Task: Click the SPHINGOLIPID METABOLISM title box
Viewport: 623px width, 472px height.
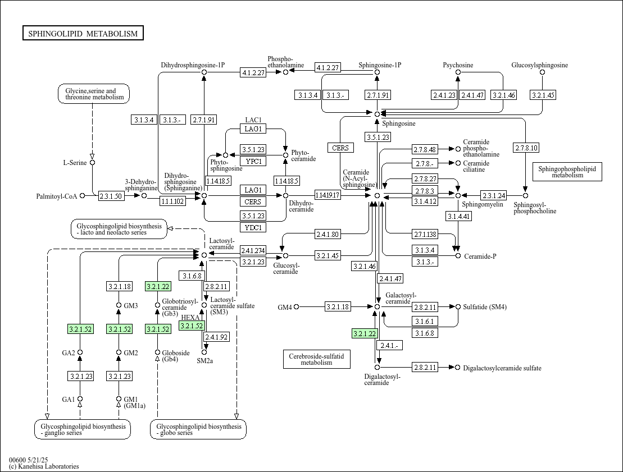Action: point(83,33)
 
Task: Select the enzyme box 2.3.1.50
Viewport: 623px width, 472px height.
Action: point(111,196)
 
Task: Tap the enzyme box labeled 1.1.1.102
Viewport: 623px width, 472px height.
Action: point(173,201)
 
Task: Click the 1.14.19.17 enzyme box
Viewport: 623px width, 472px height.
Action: point(328,195)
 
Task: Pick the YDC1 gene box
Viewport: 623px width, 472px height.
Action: point(253,227)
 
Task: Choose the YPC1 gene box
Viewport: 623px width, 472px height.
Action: point(253,161)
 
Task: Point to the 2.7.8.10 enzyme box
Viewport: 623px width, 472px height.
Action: point(526,148)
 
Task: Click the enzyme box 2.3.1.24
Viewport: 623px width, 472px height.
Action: point(493,195)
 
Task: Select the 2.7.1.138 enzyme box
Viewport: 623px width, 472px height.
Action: point(425,234)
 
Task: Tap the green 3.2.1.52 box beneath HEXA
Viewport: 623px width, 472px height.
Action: point(192,326)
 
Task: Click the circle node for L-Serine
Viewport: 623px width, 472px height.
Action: point(93,162)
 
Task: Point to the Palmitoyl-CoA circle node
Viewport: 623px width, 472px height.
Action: point(82,195)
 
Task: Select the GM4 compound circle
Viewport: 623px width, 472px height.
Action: point(296,306)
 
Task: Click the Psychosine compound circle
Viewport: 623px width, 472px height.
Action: point(458,72)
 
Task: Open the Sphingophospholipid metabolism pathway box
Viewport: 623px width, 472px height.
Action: point(567,172)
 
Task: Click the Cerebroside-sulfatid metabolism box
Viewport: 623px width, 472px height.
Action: point(317,359)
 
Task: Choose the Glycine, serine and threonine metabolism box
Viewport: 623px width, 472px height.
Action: point(94,94)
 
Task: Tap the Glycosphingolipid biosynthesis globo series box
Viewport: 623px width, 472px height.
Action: point(199,429)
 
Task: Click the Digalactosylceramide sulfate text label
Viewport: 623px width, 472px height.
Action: point(502,368)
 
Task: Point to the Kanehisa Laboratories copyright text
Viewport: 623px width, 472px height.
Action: point(44,466)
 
